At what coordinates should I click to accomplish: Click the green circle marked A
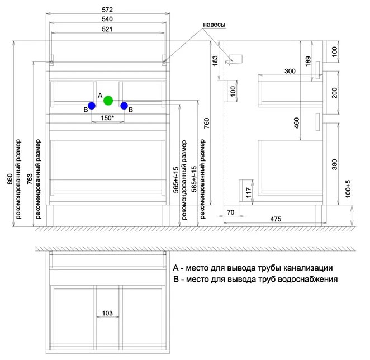pyautogui.click(x=108, y=101)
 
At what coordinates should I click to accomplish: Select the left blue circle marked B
pyautogui.click(x=92, y=106)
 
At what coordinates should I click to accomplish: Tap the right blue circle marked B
pyautogui.click(x=124, y=106)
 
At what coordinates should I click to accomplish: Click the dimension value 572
pyautogui.click(x=107, y=10)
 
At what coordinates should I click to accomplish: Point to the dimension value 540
pyautogui.click(x=107, y=19)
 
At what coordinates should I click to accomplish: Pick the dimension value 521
pyautogui.click(x=107, y=29)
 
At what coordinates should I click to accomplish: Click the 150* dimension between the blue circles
pyautogui.click(x=107, y=117)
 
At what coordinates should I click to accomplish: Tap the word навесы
pyautogui.click(x=214, y=25)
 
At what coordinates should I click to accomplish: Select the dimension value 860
pyautogui.click(x=10, y=179)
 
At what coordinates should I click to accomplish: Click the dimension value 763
pyautogui.click(x=30, y=179)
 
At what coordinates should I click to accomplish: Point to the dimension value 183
pyautogui.click(x=215, y=61)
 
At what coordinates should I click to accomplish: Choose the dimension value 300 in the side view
pyautogui.click(x=290, y=71)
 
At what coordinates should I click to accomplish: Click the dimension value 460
pyautogui.click(x=296, y=123)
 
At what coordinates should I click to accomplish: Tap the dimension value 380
pyautogui.click(x=335, y=164)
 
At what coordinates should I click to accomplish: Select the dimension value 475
pyautogui.click(x=276, y=219)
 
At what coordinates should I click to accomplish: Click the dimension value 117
pyautogui.click(x=249, y=193)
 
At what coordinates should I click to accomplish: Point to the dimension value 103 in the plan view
pyautogui.click(x=107, y=313)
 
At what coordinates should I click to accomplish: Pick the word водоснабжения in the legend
pyautogui.click(x=308, y=280)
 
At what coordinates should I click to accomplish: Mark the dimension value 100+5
pyautogui.click(x=348, y=188)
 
